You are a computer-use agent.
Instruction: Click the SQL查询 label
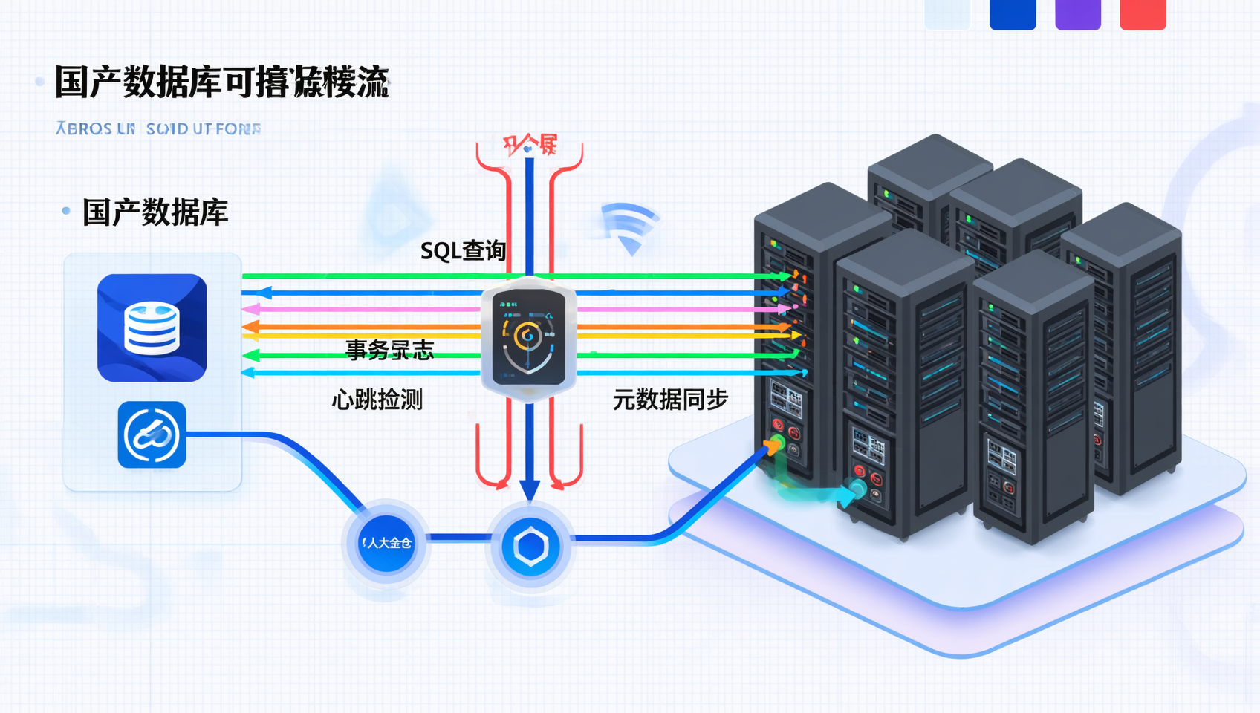(463, 251)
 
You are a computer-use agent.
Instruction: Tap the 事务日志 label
(389, 350)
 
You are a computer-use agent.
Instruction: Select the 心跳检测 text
(377, 400)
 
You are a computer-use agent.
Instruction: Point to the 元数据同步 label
(669, 400)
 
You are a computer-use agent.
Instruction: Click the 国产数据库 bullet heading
(155, 213)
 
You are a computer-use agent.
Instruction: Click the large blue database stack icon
(152, 328)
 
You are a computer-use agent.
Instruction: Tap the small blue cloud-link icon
(152, 435)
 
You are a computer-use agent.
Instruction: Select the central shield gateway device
(528, 338)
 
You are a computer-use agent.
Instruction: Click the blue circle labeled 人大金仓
(386, 544)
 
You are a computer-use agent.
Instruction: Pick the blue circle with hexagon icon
(530, 547)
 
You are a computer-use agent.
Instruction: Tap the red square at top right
(1143, 13)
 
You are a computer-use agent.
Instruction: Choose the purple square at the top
(1077, 13)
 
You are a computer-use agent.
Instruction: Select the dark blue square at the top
(1012, 13)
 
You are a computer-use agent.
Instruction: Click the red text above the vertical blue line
(530, 144)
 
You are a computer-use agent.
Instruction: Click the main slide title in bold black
(221, 82)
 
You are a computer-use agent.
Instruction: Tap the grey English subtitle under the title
(158, 129)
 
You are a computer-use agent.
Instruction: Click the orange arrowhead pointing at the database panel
(250, 327)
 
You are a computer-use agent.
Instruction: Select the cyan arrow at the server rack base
(851, 492)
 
